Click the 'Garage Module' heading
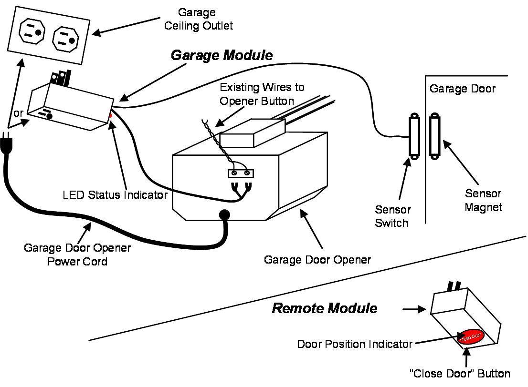coord(222,55)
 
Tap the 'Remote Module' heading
coord(324,308)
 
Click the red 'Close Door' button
coord(471,337)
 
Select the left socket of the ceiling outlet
coord(32,32)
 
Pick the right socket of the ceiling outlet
coord(64,39)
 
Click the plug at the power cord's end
coord(7,143)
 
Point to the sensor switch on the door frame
coord(413,137)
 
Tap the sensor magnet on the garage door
coord(434,136)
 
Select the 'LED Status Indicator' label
coord(115,195)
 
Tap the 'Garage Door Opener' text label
coord(317,260)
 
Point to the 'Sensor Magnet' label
coord(483,200)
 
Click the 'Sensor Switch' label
coord(392,216)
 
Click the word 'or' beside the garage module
coord(18,113)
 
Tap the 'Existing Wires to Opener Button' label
coord(262,94)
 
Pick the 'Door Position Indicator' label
coord(354,344)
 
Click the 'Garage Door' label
coord(462,89)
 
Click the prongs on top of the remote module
coord(454,286)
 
